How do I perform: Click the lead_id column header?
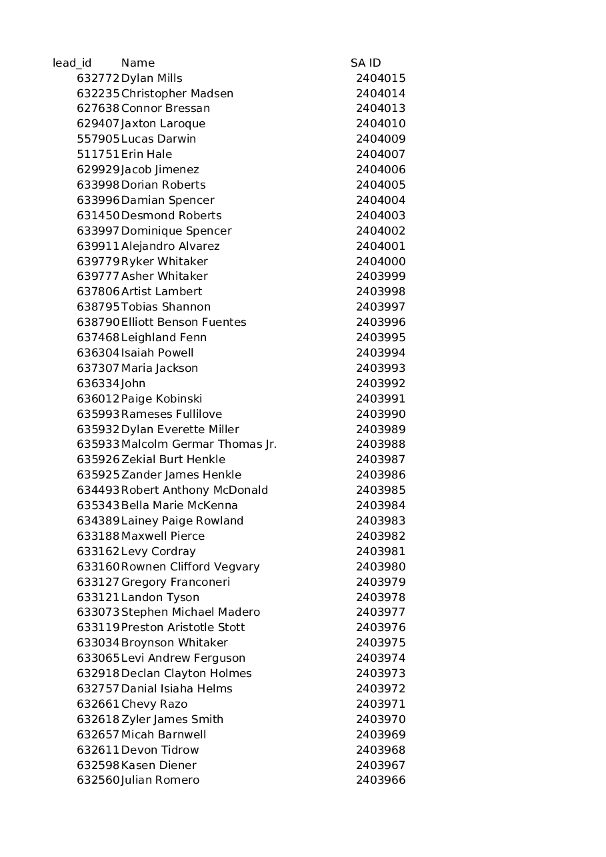click(72, 63)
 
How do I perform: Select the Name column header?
click(138, 63)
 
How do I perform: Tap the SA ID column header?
click(366, 63)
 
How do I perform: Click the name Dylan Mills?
click(151, 79)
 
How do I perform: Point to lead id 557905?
click(98, 139)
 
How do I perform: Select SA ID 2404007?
click(381, 155)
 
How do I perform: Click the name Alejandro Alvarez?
click(170, 247)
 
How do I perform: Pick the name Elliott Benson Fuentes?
click(183, 323)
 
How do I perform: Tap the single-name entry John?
click(133, 384)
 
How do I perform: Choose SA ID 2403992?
click(381, 384)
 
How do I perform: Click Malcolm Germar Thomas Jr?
click(199, 444)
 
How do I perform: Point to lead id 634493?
click(98, 490)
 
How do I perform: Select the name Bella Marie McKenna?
click(179, 506)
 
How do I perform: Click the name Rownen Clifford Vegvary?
click(190, 567)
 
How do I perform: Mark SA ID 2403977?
click(381, 612)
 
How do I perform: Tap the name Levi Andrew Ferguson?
click(183, 658)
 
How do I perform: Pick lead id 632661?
click(98, 704)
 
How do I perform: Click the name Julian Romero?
click(160, 780)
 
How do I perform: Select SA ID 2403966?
click(381, 780)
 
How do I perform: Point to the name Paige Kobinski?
click(161, 399)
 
